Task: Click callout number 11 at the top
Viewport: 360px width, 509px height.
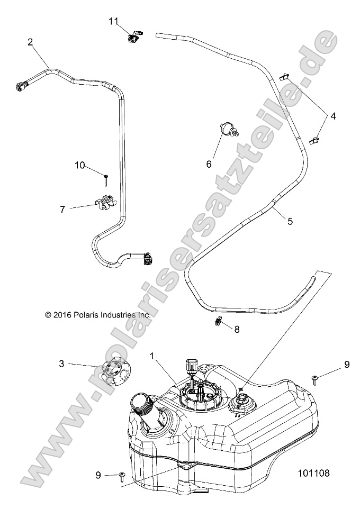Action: (114, 21)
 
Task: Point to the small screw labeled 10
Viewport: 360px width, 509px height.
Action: (106, 179)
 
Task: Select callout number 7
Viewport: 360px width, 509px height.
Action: (62, 210)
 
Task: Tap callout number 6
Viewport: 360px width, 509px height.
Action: (209, 165)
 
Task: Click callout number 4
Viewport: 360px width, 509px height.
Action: (333, 115)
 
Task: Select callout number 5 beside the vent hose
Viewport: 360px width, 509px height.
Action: (290, 222)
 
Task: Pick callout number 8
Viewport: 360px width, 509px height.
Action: (237, 329)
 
